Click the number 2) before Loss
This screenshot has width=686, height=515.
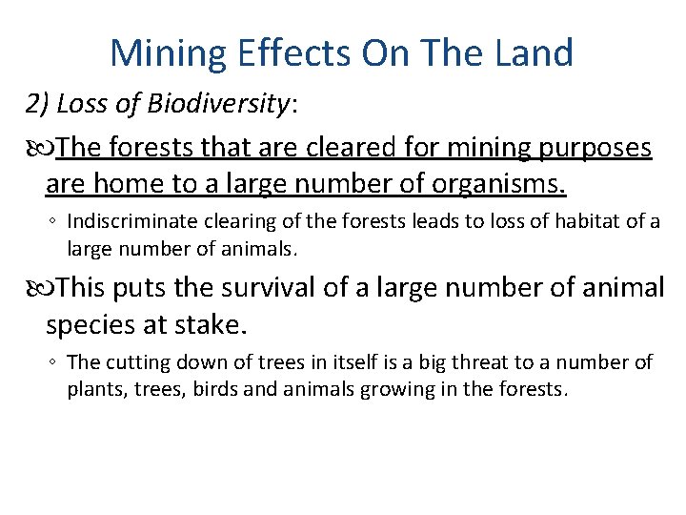pyautogui.click(x=38, y=104)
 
